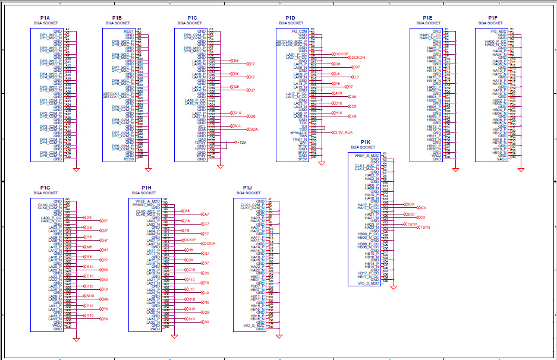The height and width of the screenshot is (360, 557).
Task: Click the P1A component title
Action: pyautogui.click(x=45, y=18)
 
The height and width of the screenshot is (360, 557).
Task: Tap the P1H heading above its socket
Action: pyautogui.click(x=146, y=188)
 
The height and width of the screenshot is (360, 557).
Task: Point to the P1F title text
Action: pyautogui.click(x=492, y=18)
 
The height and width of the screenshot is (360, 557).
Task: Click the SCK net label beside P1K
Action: pyautogui.click(x=410, y=204)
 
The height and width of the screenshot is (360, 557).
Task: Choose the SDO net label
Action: pyautogui.click(x=410, y=214)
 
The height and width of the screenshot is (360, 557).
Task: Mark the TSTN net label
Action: pyautogui.click(x=424, y=227)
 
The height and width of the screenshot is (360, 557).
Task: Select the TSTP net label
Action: pyautogui.click(x=412, y=224)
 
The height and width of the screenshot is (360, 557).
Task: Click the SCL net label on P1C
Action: pyautogui.click(x=237, y=126)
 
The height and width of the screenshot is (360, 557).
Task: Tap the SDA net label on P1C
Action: pyautogui.click(x=253, y=129)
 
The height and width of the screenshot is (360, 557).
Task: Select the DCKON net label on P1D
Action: pyautogui.click(x=358, y=58)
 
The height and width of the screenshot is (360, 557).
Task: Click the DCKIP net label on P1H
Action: pyautogui.click(x=188, y=240)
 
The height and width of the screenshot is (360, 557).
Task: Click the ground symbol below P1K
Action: pyautogui.click(x=393, y=288)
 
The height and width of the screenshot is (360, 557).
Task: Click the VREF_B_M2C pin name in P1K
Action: pyautogui.click(x=367, y=155)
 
